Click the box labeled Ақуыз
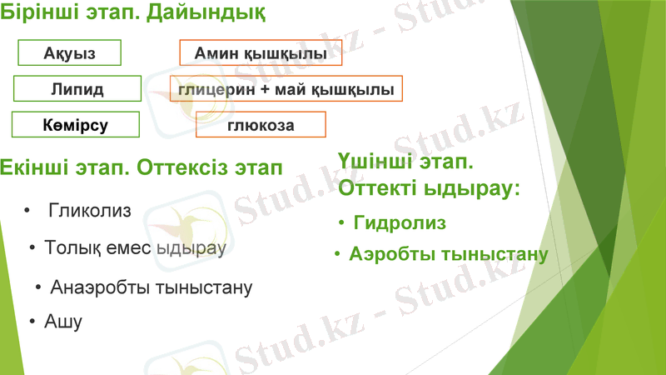[70, 52]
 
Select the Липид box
[77, 89]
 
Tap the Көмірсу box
[75, 125]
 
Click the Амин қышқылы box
[260, 52]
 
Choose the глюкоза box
[261, 125]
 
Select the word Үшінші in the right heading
[373, 161]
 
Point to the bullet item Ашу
[63, 322]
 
